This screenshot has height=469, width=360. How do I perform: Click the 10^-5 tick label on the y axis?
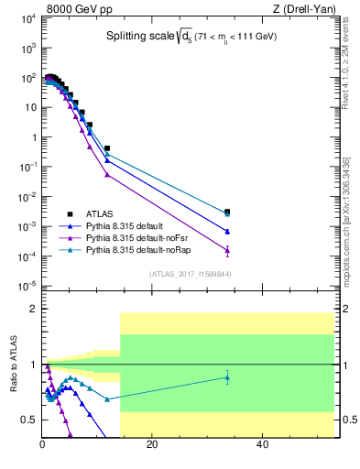tap(27, 286)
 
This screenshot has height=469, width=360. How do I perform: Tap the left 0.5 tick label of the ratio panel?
tap(29, 420)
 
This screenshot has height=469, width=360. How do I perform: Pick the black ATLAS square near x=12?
tap(107, 147)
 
